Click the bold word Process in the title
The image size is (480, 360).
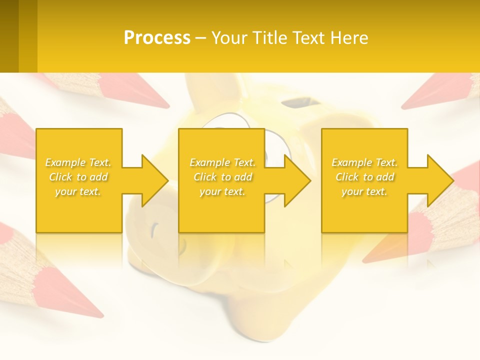pyautogui.click(x=157, y=38)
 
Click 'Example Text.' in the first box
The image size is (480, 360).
pyautogui.click(x=78, y=162)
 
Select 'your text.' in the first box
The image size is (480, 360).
pyautogui.click(x=78, y=191)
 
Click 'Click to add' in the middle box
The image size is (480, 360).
pyautogui.click(x=222, y=177)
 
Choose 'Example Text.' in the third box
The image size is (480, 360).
pyautogui.click(x=364, y=162)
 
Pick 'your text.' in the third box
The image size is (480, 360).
pyautogui.click(x=364, y=191)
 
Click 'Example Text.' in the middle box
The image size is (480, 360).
pyautogui.click(x=222, y=162)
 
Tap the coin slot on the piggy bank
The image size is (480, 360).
pyautogui.click(x=300, y=104)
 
